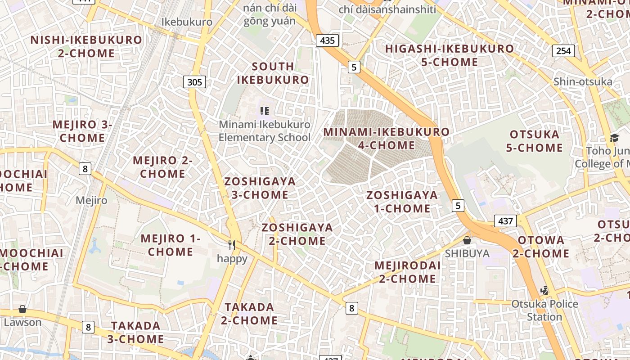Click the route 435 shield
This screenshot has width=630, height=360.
[x=327, y=40]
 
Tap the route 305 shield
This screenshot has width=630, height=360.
[x=194, y=82]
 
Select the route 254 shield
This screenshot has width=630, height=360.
[x=563, y=51]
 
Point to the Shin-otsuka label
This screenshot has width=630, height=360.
[x=583, y=81]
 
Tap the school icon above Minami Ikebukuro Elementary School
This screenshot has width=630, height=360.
[x=265, y=111]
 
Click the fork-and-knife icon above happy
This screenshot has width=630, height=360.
[x=232, y=245]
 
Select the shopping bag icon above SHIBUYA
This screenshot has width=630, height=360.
[x=467, y=240]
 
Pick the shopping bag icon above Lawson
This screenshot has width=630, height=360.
[x=22, y=309]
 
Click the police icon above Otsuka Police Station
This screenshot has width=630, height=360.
[x=545, y=290]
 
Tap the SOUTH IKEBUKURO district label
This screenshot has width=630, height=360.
[x=273, y=73]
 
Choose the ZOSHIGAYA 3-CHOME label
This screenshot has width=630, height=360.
[x=260, y=188]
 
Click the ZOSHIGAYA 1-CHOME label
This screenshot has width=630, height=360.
[x=402, y=202]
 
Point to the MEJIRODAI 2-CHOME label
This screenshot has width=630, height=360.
[x=407, y=272]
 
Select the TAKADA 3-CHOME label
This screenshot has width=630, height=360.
[x=136, y=332]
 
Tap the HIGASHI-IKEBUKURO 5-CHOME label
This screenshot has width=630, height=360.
[x=449, y=55]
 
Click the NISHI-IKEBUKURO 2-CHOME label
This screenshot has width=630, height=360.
[x=86, y=46]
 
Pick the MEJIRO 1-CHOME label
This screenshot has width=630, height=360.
[x=170, y=245]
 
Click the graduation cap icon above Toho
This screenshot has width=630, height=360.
[x=614, y=138]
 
